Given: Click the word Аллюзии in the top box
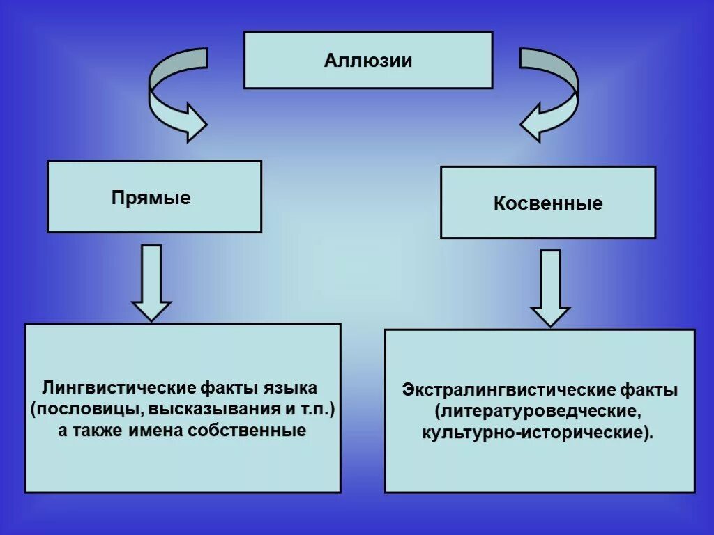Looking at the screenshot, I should coord(367,60).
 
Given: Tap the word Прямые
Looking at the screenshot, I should coord(151,198).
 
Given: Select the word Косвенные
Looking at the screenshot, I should coord(548,203).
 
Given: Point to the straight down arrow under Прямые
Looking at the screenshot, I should coord(151,282).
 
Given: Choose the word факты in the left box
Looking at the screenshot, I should coord(230,387).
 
